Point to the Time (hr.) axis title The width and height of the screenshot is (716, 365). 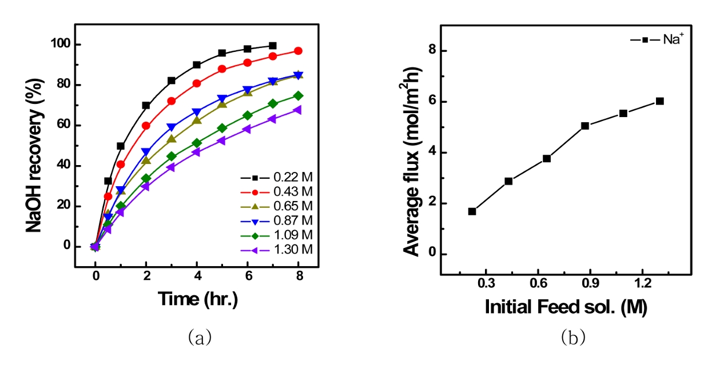[x=198, y=299]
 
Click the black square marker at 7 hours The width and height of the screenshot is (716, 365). [x=273, y=46]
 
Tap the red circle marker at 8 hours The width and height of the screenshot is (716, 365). [x=298, y=51]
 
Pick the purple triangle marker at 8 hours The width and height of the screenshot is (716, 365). [x=297, y=110]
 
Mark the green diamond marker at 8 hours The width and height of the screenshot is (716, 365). [x=298, y=95]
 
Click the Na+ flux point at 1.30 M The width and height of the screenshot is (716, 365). [x=659, y=101]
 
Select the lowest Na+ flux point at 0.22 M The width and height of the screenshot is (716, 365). [x=472, y=211]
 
